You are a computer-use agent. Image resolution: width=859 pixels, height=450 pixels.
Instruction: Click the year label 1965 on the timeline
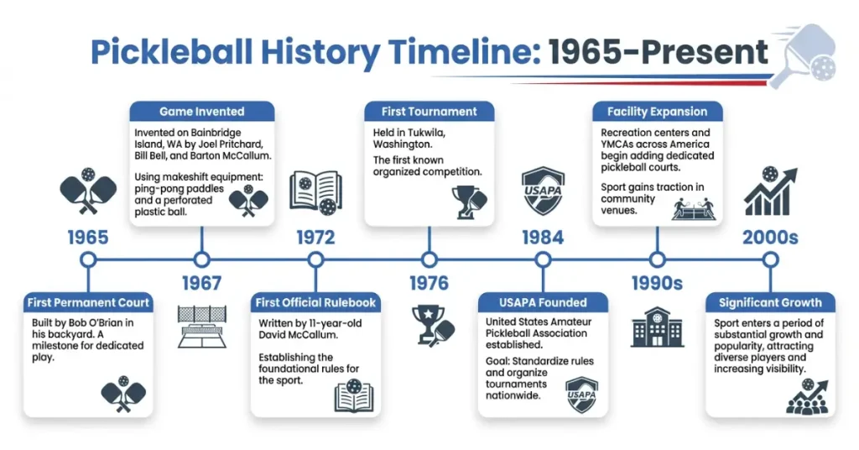(88, 238)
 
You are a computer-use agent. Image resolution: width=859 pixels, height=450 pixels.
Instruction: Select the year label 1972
(315, 238)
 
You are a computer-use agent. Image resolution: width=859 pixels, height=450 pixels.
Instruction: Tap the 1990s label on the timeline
(657, 283)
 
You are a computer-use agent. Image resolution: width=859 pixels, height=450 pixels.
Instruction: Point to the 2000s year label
(770, 238)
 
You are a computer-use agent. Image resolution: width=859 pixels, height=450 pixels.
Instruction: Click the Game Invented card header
(201, 112)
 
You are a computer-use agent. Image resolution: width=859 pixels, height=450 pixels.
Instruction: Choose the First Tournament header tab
(429, 112)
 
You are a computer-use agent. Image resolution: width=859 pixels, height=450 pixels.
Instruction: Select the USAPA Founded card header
(543, 302)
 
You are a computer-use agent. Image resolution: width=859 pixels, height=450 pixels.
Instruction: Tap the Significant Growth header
(769, 302)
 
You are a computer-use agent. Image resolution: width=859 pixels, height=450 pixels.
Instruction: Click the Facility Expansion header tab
(657, 112)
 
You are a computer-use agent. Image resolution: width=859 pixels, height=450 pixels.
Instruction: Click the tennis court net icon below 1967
(201, 327)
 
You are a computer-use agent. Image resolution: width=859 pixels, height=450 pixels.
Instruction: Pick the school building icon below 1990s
(657, 327)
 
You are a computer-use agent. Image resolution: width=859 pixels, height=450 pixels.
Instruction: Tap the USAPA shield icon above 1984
(543, 191)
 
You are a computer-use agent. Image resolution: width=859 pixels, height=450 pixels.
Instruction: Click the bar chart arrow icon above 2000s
(770, 191)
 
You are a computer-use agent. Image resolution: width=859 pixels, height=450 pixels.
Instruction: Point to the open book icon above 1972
(315, 191)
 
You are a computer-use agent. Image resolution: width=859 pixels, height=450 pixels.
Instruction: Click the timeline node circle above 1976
(429, 259)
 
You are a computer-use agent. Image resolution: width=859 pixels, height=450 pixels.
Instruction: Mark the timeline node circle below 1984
(543, 259)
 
